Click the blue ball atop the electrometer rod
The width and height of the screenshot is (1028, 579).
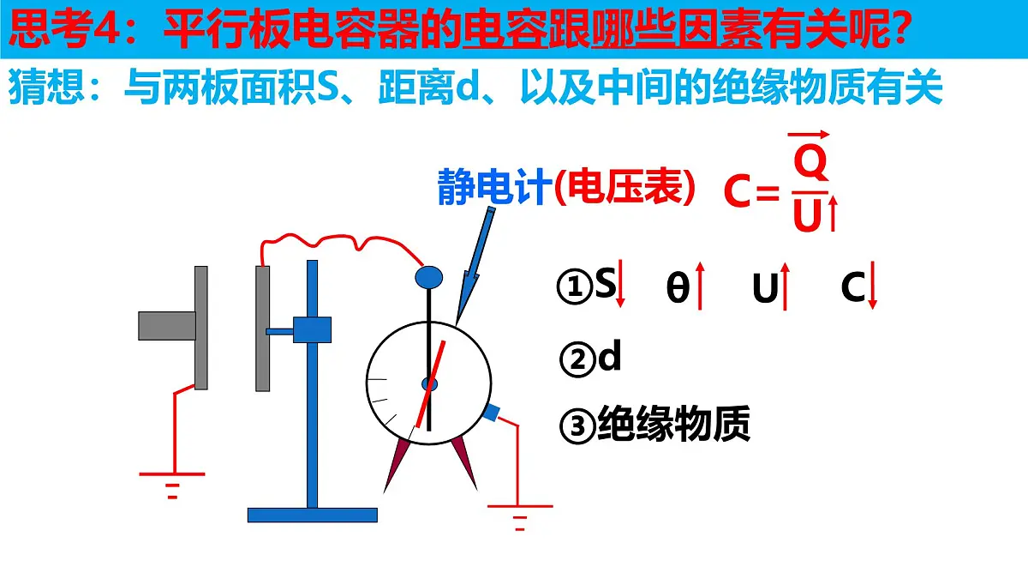428,278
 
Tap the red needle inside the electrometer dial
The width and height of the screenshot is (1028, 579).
430,384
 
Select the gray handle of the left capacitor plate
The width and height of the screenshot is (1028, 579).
167,326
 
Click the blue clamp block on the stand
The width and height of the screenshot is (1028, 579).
312,329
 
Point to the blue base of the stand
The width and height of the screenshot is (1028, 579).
313,516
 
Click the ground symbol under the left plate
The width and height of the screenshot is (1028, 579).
172,486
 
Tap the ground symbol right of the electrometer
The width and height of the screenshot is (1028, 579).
520,518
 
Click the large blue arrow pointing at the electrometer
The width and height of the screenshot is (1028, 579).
475,267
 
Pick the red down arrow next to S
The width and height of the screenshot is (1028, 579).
620,283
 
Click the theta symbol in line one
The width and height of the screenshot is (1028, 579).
678,287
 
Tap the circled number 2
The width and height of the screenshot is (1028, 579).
577,359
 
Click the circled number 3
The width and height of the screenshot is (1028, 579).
577,426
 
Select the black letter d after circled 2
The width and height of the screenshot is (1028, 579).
610,355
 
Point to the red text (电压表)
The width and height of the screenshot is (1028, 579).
625,187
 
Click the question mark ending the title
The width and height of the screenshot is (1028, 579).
895,28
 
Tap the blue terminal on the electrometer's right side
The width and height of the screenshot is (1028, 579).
491,413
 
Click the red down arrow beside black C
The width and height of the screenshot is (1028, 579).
872,285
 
